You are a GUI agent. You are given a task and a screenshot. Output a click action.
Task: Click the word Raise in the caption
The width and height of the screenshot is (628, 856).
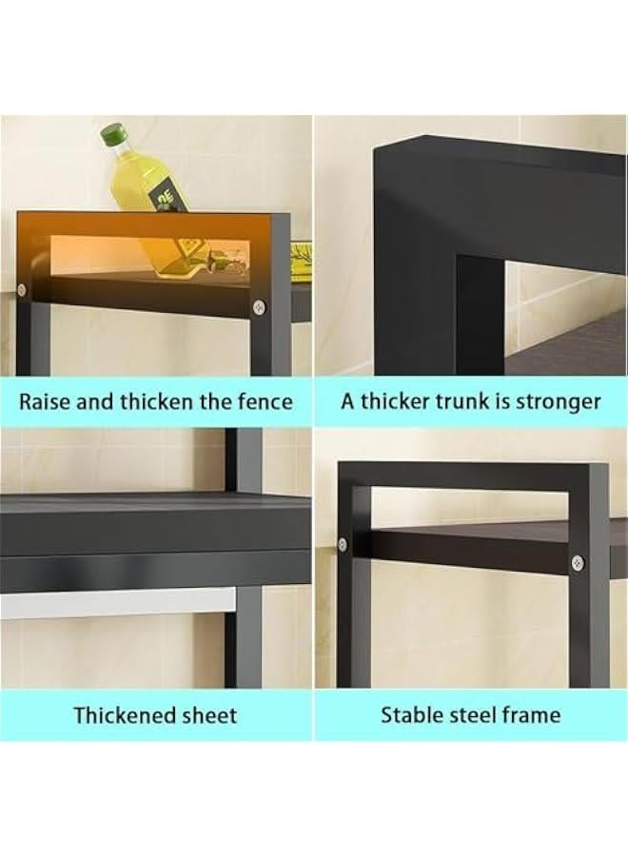[45, 401]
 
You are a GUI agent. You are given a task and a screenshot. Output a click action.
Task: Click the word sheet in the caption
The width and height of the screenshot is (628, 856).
[208, 715]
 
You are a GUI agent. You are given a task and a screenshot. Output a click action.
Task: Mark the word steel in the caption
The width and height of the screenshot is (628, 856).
[477, 714]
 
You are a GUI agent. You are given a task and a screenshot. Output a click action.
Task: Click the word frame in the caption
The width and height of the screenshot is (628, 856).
[533, 714]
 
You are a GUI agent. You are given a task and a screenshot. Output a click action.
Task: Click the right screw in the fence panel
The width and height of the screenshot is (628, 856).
[259, 306]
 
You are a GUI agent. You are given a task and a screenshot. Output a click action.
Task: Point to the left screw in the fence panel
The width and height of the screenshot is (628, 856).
[22, 289]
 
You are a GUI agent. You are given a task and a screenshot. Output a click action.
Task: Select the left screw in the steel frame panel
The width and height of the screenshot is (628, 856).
[343, 545]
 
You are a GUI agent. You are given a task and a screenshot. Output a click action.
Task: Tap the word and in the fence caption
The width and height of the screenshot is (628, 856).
[94, 401]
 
